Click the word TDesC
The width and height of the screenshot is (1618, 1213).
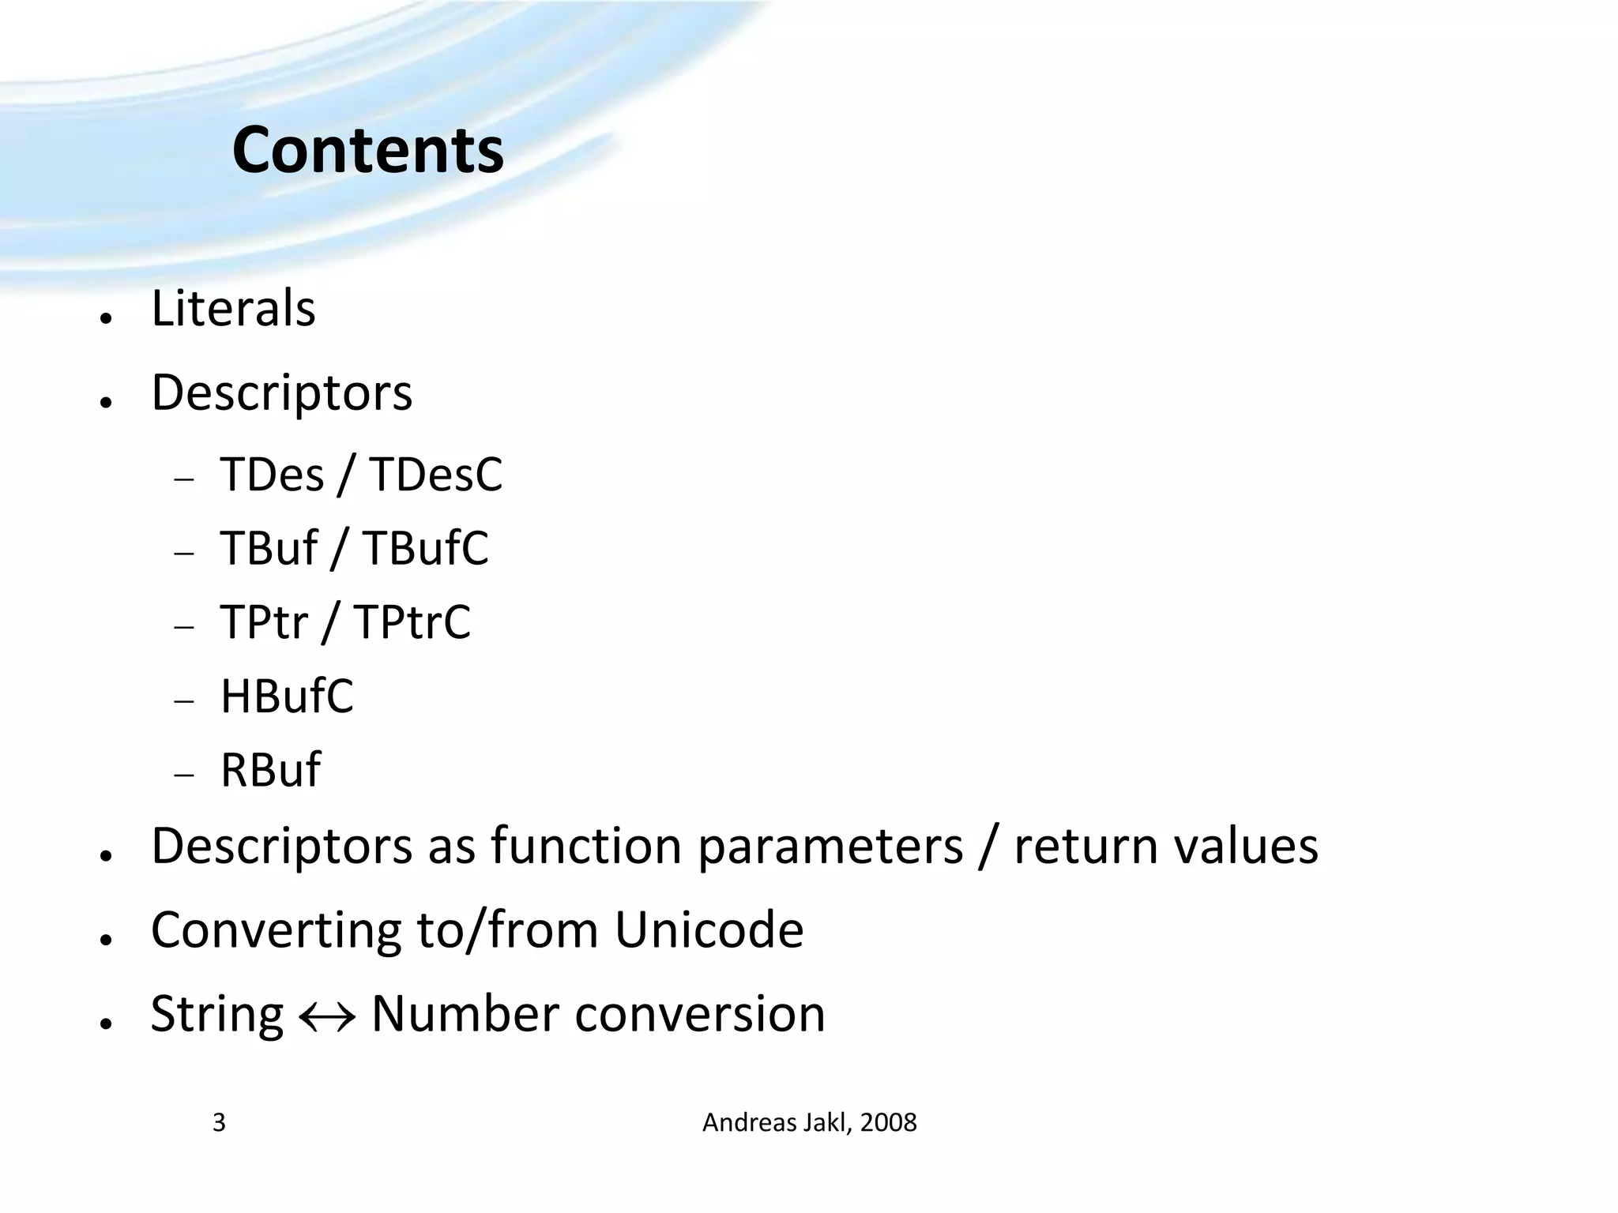435,475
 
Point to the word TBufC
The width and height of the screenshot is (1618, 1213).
426,548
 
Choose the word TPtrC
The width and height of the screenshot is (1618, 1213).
412,622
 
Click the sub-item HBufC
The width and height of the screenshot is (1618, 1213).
287,696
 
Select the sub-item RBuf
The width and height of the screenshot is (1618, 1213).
270,769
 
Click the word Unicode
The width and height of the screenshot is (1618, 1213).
709,929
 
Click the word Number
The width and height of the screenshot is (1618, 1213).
465,1014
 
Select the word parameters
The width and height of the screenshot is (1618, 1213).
830,847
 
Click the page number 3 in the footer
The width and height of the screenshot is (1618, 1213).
219,1122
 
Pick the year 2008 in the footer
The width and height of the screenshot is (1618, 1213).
888,1122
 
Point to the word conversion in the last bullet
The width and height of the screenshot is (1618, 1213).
700,1014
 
